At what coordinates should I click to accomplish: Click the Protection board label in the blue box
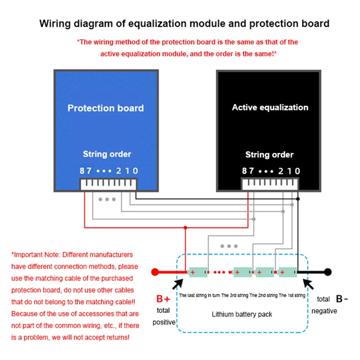[105, 108]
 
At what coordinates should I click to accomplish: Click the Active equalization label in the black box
[270, 108]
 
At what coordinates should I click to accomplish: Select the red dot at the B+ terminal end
[154, 272]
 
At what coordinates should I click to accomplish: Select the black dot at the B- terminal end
[328, 272]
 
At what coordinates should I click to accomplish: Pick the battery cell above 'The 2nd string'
[265, 272]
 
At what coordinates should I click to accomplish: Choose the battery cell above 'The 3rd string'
[243, 272]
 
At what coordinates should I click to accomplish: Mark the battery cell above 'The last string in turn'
[198, 272]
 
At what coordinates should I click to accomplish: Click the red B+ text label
[163, 299]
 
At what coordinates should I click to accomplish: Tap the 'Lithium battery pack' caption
[242, 314]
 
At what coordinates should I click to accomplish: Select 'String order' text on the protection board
[107, 154]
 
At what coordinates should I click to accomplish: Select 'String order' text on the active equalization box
[269, 155]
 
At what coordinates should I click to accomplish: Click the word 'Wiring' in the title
[55, 23]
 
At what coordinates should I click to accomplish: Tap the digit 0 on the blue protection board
[135, 171]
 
